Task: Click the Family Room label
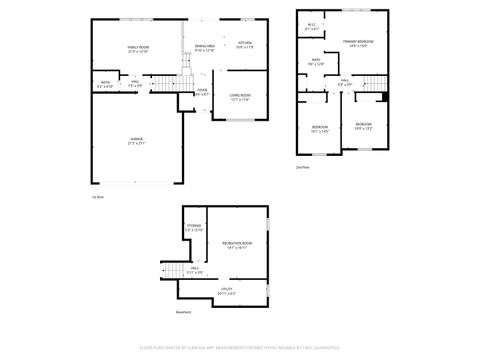pos(137,49)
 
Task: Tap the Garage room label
pos(137,142)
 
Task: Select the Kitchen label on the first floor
pos(245,43)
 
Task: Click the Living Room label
pos(240,95)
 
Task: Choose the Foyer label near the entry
pos(202,91)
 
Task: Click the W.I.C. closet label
pos(312,27)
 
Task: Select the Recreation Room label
pos(238,244)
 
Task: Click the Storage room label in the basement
pos(194,228)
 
